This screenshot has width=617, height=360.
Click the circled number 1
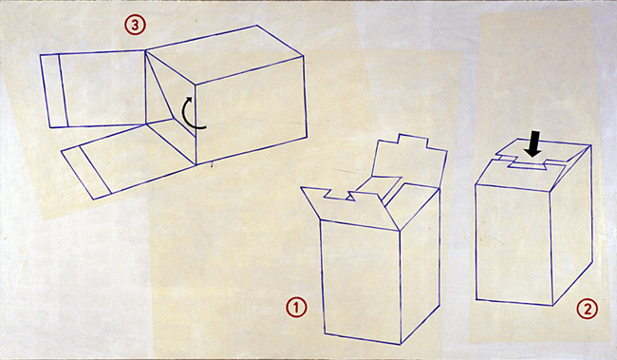pos(296,308)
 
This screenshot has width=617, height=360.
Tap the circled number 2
pos(587,309)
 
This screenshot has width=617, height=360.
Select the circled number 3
pos(136,26)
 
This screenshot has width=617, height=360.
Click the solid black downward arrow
pos(533,144)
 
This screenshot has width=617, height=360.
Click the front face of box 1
pos(361,280)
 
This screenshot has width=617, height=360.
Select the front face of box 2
pos(514,244)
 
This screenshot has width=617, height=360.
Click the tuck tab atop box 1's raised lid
pos(413,141)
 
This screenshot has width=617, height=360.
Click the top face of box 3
pos(224,54)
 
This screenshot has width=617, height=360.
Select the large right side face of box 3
pos(251,109)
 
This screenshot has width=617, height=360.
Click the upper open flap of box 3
pos(93,90)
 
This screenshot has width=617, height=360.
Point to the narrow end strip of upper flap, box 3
pos(54,91)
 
